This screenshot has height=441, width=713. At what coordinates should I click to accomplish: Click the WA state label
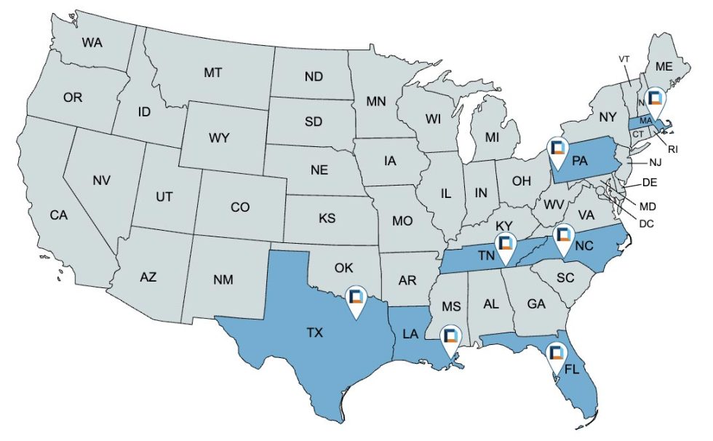(x=92, y=43)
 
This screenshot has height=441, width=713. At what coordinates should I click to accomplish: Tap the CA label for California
(x=59, y=215)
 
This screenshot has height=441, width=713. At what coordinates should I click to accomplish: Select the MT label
(x=212, y=73)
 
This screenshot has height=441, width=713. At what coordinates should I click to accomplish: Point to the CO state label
(x=240, y=207)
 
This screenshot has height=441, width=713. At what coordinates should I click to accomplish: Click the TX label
(x=314, y=333)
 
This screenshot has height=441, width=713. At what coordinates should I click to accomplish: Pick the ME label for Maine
(x=664, y=66)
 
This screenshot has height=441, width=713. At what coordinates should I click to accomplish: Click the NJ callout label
(x=655, y=162)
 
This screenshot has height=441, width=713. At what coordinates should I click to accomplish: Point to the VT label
(x=624, y=58)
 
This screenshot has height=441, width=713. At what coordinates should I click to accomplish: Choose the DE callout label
(x=650, y=181)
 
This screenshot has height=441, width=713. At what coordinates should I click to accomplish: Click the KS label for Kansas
(x=327, y=218)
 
